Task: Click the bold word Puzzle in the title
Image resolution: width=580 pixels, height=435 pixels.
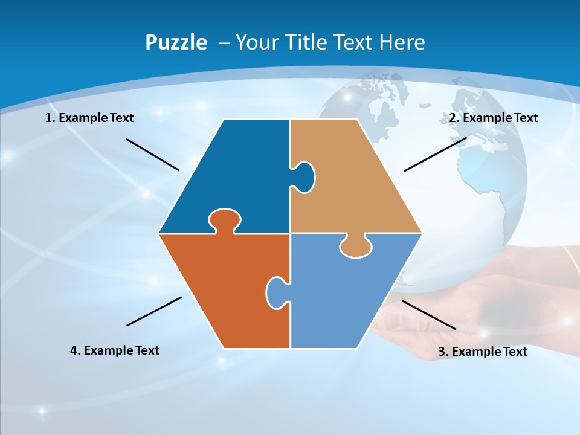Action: pos(176,42)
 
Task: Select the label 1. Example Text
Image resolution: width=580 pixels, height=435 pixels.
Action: pos(89,118)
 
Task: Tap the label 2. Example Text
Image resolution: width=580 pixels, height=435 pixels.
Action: pos(493,118)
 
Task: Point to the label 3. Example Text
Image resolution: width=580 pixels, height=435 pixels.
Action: pos(482,352)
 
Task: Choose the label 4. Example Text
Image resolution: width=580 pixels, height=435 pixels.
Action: pos(115,350)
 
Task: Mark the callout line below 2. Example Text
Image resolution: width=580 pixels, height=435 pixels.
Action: pos(435,154)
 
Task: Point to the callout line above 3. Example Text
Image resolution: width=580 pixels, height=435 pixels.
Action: pos(429,315)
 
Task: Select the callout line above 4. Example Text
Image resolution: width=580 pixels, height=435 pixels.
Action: pos(154,311)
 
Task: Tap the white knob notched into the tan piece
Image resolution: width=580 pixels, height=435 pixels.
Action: pos(304,176)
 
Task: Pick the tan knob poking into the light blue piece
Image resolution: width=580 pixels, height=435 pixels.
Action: pos(355,246)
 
